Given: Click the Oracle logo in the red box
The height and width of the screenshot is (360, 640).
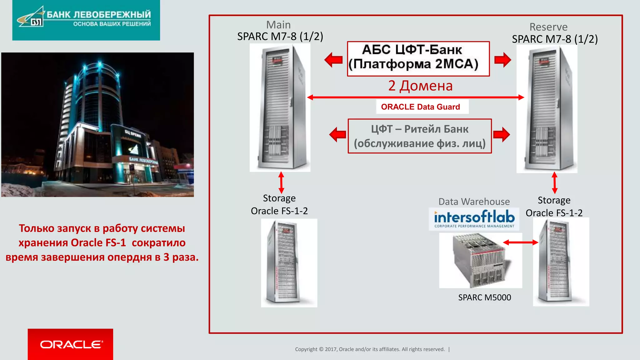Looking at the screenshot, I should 71,344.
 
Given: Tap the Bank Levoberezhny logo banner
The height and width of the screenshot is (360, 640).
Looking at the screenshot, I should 86,20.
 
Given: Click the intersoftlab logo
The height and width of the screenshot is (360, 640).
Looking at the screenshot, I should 474,219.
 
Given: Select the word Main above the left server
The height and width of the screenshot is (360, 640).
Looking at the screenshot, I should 278,25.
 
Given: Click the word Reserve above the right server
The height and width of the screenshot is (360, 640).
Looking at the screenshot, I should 548,27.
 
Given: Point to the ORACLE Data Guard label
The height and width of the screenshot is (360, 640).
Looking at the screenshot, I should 420,107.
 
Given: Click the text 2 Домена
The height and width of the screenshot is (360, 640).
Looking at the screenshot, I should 420,86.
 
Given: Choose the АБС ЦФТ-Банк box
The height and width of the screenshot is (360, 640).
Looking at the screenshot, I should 418,59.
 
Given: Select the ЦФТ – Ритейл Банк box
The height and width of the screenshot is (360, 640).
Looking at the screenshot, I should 420,136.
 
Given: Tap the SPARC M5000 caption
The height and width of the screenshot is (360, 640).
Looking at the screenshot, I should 484,297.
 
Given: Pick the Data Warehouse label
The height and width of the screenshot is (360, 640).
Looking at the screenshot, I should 474,202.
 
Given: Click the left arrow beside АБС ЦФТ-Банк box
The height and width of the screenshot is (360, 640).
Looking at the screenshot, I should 333,59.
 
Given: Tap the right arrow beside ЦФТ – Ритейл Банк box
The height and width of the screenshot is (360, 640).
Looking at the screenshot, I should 501,134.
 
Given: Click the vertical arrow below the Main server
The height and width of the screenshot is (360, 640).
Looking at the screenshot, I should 281,182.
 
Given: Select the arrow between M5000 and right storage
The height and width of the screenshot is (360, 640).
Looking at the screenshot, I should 520,242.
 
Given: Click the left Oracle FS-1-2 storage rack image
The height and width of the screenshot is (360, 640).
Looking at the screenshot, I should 289,263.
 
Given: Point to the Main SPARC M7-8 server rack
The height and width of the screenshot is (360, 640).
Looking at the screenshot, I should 280,108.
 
